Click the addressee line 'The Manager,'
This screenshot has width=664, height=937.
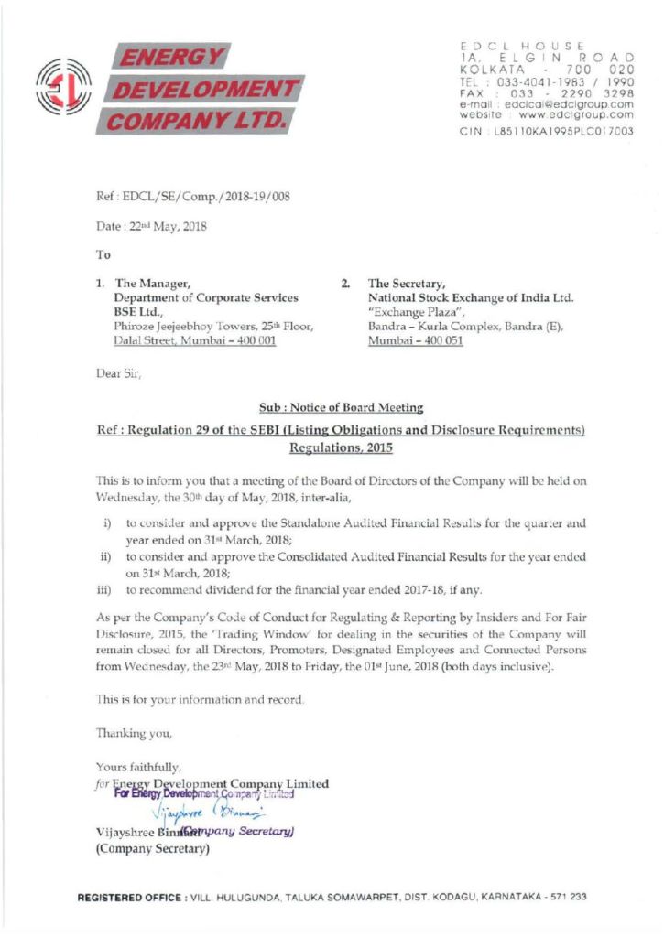[x=152, y=284]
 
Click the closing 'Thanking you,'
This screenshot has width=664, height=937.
[x=134, y=733]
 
